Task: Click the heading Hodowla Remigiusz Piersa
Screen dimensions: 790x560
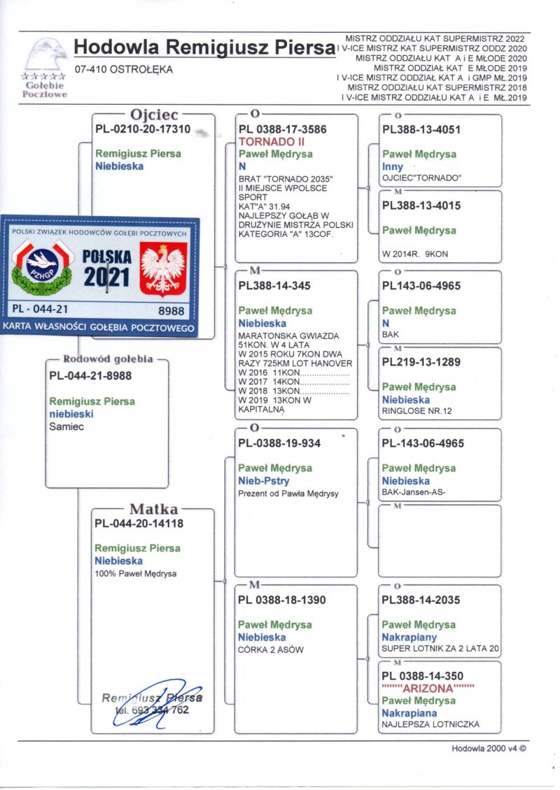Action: point(202,48)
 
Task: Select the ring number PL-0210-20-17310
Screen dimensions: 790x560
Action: point(142,129)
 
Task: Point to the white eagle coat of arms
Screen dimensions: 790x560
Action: point(163,268)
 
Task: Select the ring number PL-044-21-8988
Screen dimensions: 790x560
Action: point(90,375)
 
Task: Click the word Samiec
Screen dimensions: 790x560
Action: point(66,426)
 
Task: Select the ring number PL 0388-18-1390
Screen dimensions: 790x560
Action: point(281,600)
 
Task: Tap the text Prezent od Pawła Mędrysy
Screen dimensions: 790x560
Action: point(288,494)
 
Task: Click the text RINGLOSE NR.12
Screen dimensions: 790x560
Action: point(416,411)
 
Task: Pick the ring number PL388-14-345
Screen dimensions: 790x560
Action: point(274,286)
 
